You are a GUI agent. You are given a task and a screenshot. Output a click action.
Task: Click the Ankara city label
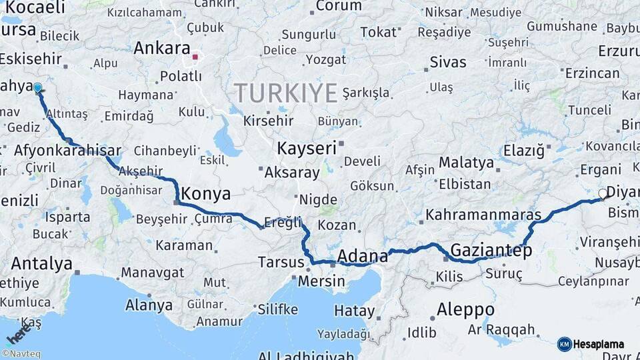(x=162, y=48)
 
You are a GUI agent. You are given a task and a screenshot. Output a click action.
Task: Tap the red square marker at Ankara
(x=195, y=57)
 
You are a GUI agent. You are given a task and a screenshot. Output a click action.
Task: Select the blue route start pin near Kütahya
(x=37, y=87)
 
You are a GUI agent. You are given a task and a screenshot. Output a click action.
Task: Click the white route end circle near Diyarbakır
(x=603, y=194)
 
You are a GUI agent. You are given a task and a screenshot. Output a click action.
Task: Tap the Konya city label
(x=206, y=194)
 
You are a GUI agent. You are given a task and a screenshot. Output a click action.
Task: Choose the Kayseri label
(x=307, y=148)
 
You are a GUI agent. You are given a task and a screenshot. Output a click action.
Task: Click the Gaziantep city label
(x=491, y=251)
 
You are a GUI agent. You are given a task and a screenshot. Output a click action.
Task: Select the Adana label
(x=363, y=256)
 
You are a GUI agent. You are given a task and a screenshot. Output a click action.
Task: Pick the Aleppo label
(x=465, y=310)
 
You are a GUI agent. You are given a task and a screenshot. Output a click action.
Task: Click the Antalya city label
(x=41, y=263)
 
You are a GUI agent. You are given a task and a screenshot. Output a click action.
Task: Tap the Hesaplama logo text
(x=599, y=344)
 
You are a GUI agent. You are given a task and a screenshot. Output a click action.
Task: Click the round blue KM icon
(x=564, y=344)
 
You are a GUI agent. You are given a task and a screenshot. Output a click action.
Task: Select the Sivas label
(x=448, y=62)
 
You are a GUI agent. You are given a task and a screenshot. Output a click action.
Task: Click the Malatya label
(x=467, y=163)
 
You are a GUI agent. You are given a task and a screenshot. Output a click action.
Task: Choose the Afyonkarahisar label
(x=67, y=150)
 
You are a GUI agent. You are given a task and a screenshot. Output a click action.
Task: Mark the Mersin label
(x=321, y=281)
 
